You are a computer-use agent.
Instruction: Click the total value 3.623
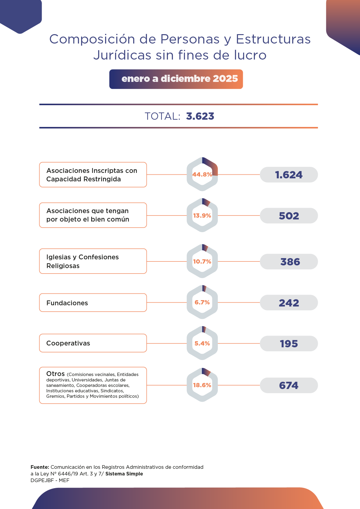[200, 116]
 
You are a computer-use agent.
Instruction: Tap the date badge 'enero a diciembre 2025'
[176, 79]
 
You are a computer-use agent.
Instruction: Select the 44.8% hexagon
[202, 174]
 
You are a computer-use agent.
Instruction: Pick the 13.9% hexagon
[202, 216]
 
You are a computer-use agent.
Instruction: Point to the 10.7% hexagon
[202, 261]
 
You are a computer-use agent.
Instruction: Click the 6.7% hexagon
[202, 302]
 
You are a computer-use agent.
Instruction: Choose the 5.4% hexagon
[202, 343]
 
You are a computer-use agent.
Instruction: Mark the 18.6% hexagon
[202, 385]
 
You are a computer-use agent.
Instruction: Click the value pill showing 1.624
[289, 175]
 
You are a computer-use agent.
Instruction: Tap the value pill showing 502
[289, 216]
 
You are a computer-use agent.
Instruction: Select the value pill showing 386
[289, 262]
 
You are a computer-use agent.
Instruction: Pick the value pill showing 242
[289, 303]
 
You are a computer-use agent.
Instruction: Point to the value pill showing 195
[289, 344]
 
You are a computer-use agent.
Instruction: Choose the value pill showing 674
[289, 385]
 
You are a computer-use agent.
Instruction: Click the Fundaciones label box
[93, 303]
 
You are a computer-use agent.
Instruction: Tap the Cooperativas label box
[93, 343]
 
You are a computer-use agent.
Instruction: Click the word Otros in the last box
[56, 374]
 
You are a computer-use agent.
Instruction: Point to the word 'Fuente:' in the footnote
[40, 467]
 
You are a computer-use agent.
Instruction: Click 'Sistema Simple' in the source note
[124, 474]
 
